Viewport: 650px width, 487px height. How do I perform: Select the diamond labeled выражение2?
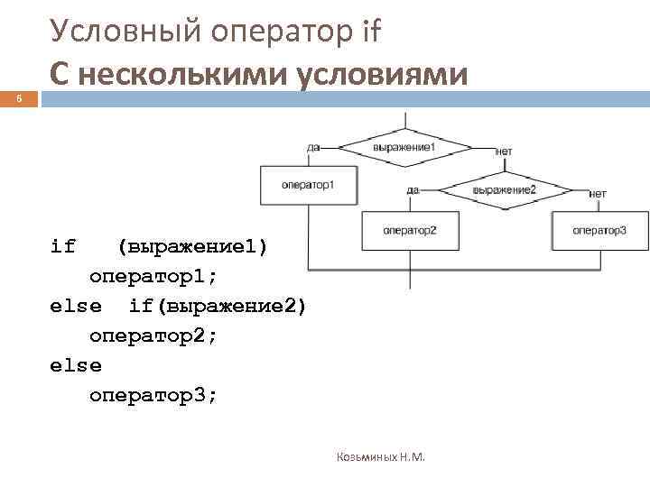click(505, 189)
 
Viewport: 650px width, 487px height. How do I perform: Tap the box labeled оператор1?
click(309, 185)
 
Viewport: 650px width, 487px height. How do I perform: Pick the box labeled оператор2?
click(409, 231)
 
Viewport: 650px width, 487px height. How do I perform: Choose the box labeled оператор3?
click(599, 231)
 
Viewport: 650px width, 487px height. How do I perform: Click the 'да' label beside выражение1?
click(313, 146)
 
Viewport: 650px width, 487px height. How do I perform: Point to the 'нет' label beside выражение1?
click(503, 151)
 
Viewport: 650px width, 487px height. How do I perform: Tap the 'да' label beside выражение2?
click(413, 189)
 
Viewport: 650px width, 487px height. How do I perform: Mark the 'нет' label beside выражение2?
click(598, 193)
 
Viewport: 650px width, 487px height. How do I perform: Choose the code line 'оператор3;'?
click(153, 396)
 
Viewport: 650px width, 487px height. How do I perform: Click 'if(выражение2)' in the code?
click(218, 307)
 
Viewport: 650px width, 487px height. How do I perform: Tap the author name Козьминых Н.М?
click(380, 457)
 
